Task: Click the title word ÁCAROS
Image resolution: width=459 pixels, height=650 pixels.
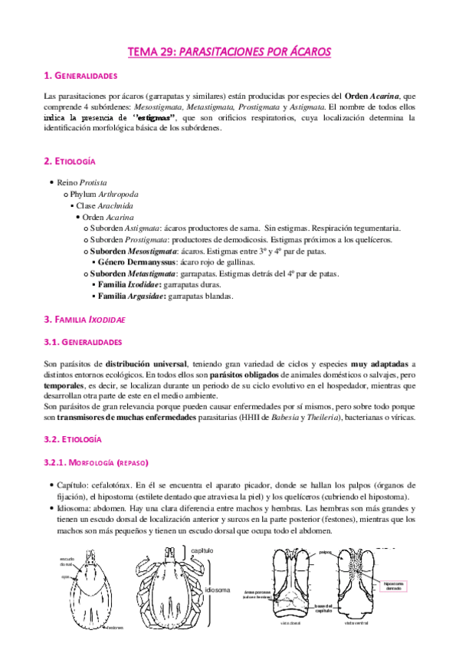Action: click(x=303, y=51)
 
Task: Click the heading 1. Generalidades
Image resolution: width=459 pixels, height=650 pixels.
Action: click(x=80, y=76)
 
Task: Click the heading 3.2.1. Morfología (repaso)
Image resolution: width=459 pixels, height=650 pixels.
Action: click(x=95, y=463)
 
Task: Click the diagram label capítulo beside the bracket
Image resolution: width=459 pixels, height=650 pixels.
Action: click(x=202, y=551)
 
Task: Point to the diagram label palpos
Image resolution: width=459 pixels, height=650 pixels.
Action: click(x=326, y=551)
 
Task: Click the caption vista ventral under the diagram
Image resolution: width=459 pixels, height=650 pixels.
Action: click(x=358, y=644)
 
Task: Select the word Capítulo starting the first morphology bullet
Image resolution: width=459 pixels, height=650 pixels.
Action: click(x=73, y=485)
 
